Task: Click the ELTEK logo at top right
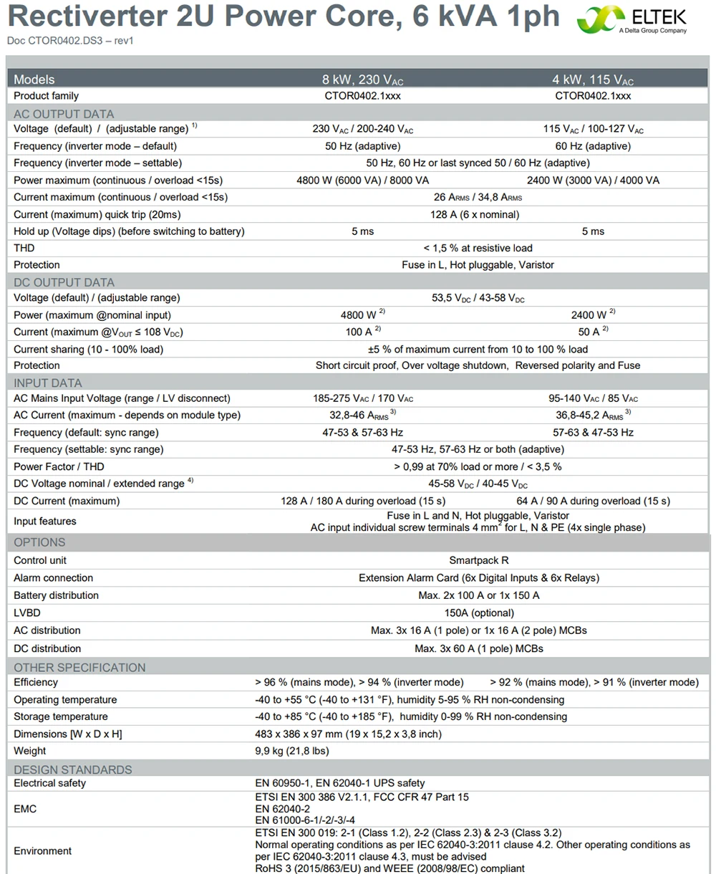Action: point(632,20)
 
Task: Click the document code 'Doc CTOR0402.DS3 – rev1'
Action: point(70,41)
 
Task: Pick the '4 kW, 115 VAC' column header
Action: point(593,80)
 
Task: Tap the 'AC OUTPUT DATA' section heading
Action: point(64,114)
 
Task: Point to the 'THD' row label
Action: point(24,248)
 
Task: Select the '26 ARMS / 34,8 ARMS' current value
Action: point(478,197)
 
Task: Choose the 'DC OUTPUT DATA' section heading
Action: point(64,282)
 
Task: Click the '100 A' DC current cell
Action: point(362,332)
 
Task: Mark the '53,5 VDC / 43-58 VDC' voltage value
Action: point(478,298)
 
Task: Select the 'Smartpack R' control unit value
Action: point(478,560)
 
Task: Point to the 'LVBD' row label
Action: point(27,613)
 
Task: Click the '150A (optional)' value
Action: point(478,613)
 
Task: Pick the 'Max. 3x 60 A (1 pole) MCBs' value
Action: point(478,648)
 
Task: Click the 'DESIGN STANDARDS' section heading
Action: point(73,769)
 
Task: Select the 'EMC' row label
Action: point(26,809)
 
